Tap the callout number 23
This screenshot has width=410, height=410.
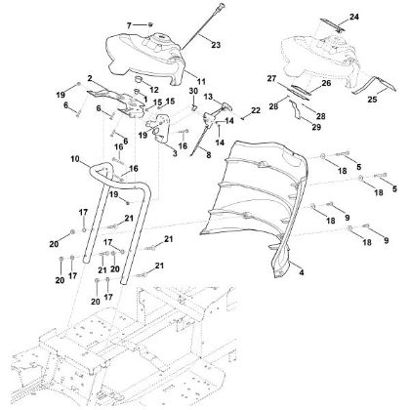[216, 44]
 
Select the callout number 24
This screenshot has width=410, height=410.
[354, 18]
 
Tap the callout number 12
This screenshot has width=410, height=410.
[153, 90]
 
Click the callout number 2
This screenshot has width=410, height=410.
[89, 77]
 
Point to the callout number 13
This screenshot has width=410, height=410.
[207, 96]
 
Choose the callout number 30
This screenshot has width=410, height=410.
[193, 92]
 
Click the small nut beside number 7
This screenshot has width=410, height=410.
[153, 22]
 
